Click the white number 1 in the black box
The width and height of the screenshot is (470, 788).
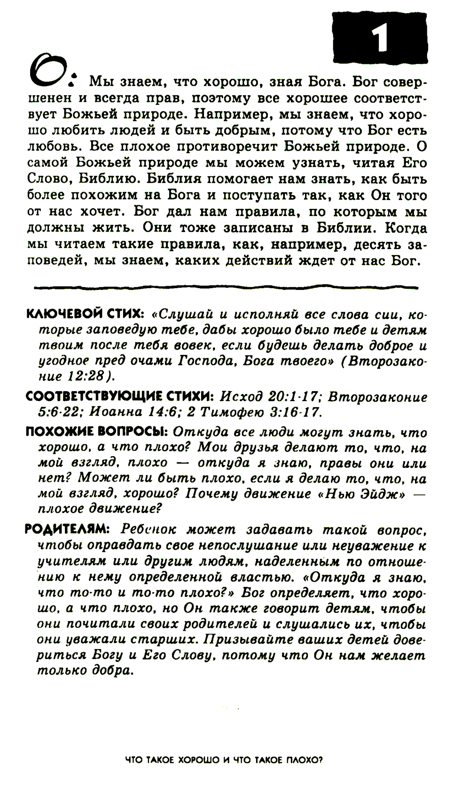click(x=380, y=38)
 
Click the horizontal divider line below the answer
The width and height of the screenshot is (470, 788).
click(x=226, y=286)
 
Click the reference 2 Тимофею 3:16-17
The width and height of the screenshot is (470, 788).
click(x=254, y=412)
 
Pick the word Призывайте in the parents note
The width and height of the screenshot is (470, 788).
click(x=255, y=640)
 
